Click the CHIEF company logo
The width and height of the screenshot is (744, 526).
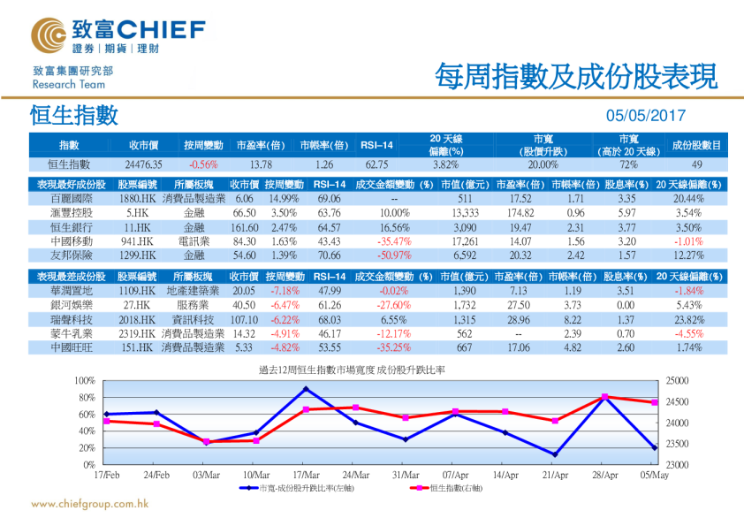pos(118,34)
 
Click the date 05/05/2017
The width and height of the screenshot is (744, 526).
pos(645,116)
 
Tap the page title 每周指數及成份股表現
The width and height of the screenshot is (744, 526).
pos(574,76)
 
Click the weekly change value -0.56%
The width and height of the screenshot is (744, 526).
pos(203,164)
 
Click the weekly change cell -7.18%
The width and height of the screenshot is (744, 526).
pos(284,291)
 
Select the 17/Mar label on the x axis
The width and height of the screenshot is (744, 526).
pos(306,476)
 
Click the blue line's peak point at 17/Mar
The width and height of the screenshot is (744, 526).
pos(306,389)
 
